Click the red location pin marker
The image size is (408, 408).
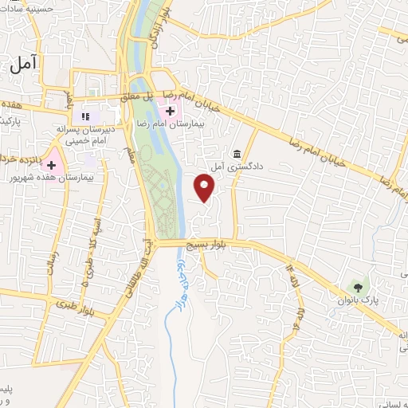click(205, 188)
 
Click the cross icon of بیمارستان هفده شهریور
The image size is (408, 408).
click(52, 165)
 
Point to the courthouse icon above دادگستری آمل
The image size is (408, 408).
click(237, 153)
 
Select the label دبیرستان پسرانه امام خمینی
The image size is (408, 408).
click(86, 132)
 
